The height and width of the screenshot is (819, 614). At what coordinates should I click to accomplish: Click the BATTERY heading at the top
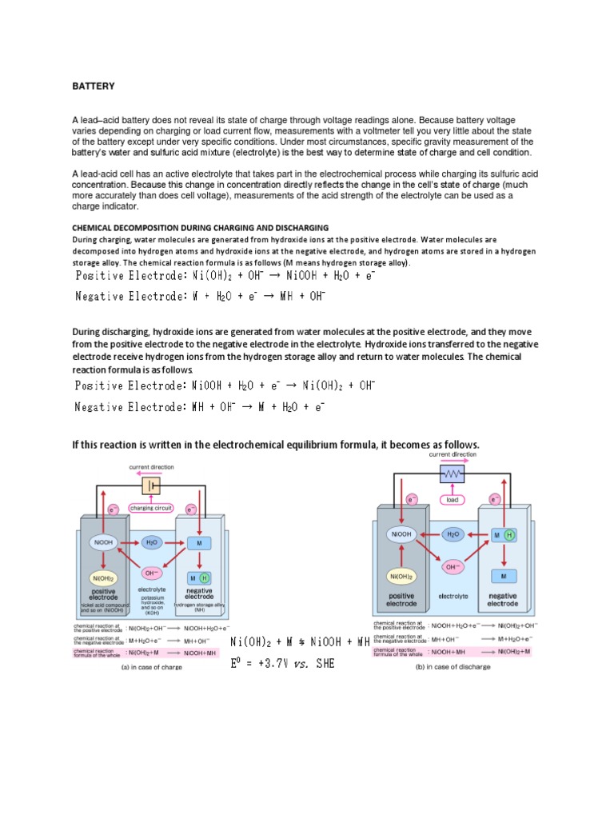coord(94,86)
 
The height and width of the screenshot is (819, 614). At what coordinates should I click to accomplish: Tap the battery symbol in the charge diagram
coord(151,486)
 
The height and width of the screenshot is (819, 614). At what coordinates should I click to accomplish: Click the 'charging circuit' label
coord(152,507)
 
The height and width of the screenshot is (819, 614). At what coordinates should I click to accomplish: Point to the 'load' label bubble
coord(452,500)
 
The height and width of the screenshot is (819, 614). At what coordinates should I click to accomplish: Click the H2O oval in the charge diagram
coord(152,542)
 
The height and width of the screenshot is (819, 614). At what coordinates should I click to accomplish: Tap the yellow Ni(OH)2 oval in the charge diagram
coord(102,578)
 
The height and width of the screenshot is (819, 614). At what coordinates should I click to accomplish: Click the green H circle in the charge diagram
coord(205,578)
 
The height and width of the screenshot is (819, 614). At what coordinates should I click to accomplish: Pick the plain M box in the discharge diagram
coord(504,575)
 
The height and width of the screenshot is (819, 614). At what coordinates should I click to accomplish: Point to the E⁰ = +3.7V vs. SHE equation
coord(282,663)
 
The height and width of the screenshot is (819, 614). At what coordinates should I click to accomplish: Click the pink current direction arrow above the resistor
coord(452,461)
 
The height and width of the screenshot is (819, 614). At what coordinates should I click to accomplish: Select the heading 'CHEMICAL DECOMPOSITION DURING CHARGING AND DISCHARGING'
coord(201,228)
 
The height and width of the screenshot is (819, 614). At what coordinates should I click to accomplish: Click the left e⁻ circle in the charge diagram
coord(113,509)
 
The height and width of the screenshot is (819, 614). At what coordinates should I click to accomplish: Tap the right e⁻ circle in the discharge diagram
coord(495,500)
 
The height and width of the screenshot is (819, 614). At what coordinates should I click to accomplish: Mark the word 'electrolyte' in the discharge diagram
coord(453,596)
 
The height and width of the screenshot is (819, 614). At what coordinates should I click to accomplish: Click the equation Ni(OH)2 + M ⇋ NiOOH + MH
coord(300,641)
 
